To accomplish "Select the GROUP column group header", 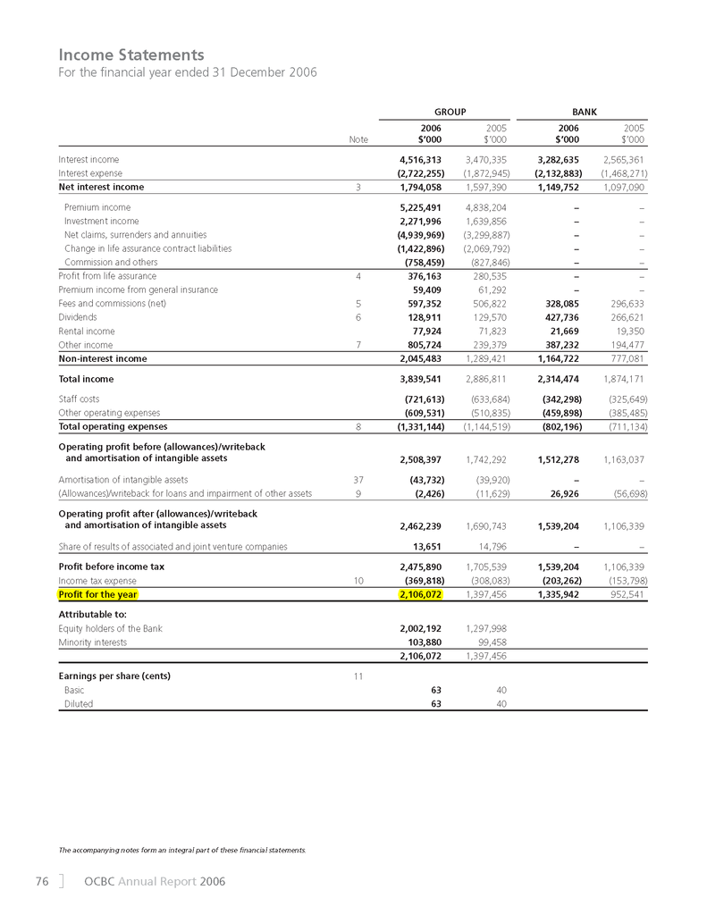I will click(x=450, y=112).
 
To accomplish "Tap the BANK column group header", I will click(x=585, y=112).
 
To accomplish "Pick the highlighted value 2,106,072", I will click(x=419, y=593).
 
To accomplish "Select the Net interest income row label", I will click(x=101, y=188).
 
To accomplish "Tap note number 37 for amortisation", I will click(x=358, y=480).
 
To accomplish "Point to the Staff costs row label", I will click(x=79, y=399).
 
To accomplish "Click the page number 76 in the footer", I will click(x=41, y=882).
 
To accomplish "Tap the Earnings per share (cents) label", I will click(x=114, y=676).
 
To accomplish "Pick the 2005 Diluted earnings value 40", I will click(x=501, y=704).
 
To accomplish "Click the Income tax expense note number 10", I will click(x=358, y=579).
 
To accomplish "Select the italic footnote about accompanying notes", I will click(x=181, y=847).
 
